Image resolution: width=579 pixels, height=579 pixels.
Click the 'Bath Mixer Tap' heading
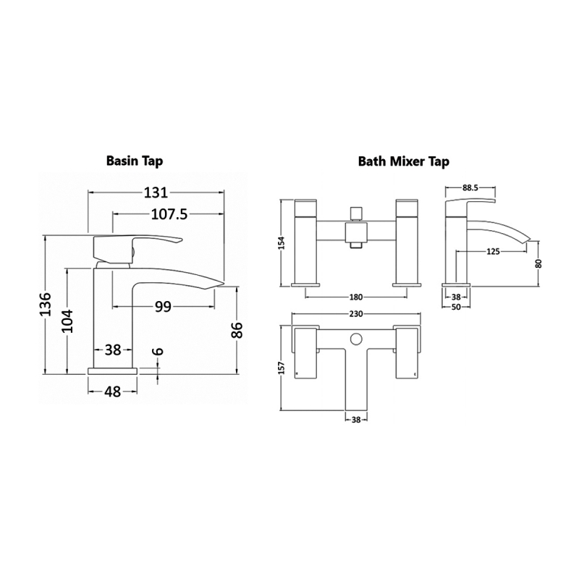[x=403, y=161]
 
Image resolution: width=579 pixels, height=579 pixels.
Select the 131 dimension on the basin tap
[x=155, y=193]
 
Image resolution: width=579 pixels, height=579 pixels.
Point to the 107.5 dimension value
[x=166, y=214]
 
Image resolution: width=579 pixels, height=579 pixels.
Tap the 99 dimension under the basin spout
[x=163, y=306]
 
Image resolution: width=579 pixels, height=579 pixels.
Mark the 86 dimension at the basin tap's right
[x=235, y=330]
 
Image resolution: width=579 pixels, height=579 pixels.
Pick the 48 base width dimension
[x=112, y=392]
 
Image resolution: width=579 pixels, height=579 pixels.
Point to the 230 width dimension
[x=355, y=314]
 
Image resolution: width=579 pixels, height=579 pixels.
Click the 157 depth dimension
[x=281, y=368]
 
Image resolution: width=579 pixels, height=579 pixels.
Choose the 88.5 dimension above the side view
[x=470, y=187]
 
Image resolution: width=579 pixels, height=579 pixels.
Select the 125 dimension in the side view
[x=494, y=251]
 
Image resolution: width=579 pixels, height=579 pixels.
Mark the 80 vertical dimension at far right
[x=538, y=264]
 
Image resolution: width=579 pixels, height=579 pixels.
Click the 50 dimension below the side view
[x=456, y=308]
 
